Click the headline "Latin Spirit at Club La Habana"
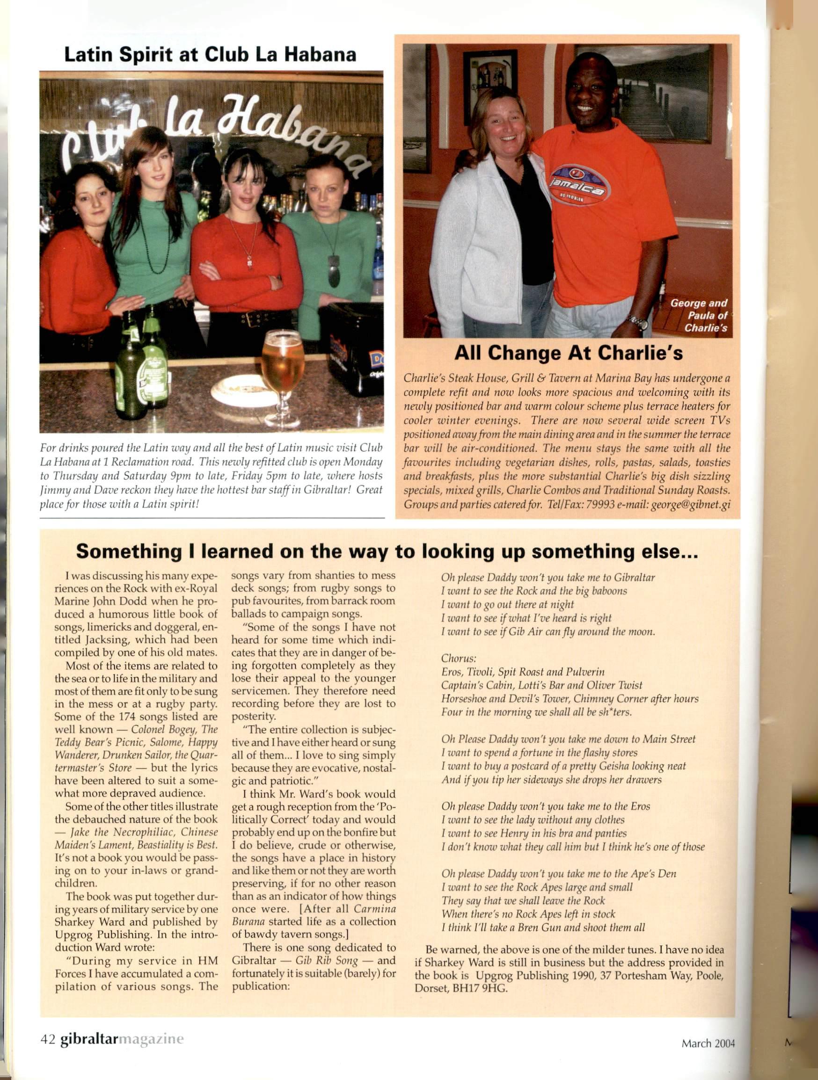(210, 55)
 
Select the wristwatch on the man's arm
(637, 322)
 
